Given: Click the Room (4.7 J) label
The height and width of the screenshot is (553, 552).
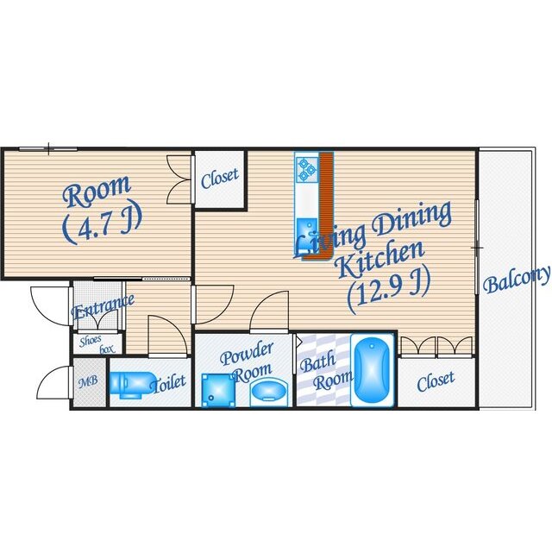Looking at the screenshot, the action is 101,209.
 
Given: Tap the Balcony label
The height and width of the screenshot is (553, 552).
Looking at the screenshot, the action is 516,280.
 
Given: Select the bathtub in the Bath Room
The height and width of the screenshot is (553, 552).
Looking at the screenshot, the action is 372,370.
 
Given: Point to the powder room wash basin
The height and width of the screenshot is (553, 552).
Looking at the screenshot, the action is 268,393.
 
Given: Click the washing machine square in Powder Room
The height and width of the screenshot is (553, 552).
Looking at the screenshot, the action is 218,391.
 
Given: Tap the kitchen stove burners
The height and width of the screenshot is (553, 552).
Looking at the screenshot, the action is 306,170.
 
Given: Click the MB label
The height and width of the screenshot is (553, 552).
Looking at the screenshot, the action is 88,382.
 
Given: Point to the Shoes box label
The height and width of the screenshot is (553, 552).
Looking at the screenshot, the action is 97,344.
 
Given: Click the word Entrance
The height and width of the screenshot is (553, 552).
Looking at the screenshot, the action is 103,306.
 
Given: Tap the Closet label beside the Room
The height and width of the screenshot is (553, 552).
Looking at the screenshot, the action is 220,179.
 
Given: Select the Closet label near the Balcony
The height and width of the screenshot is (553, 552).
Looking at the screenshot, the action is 436,381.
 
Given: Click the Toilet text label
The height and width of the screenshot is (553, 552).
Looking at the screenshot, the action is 168,383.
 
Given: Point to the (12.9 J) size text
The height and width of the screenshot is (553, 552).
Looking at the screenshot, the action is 389,290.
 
